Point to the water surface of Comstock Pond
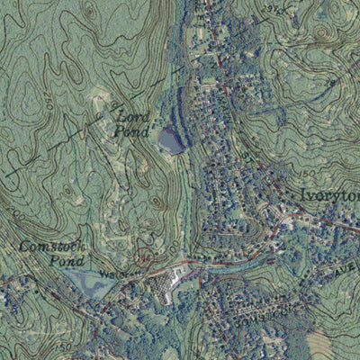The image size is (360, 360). [90, 284]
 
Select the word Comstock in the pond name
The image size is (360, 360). [45, 246]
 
